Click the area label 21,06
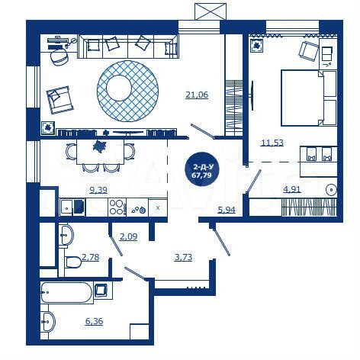[x=197, y=95]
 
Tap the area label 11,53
[x=272, y=143]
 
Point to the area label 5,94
[x=227, y=210]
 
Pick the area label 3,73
[x=183, y=257]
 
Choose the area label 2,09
[x=128, y=236]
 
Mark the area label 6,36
[x=94, y=321]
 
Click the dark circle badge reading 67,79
[x=203, y=169]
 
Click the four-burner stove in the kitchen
[x=117, y=207]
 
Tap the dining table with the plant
[x=99, y=147]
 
